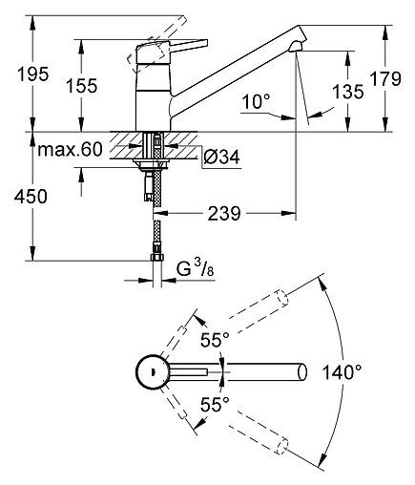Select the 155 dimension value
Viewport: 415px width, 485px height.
tap(83, 85)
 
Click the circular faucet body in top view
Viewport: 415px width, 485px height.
tap(152, 370)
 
